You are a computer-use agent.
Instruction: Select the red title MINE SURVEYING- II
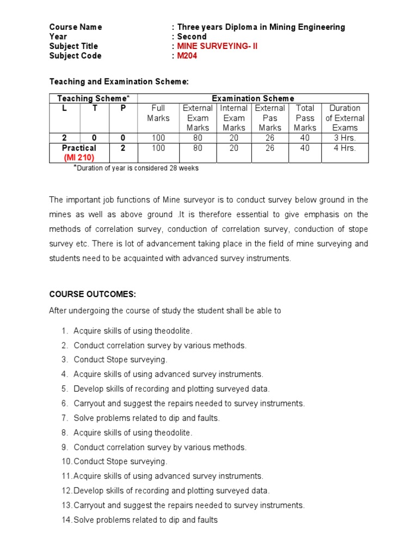click(x=217, y=46)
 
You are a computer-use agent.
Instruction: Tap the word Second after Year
click(x=192, y=36)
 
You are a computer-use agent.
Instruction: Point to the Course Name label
click(x=76, y=27)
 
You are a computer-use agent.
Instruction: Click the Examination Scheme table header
click(x=253, y=98)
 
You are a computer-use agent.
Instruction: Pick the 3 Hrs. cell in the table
click(x=345, y=138)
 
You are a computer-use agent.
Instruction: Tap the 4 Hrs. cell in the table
click(x=345, y=148)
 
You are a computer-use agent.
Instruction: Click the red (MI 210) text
click(x=79, y=158)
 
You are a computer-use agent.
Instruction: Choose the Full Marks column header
click(x=158, y=113)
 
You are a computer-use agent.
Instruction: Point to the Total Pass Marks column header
click(x=305, y=118)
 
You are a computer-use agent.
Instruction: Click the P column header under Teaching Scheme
click(x=123, y=108)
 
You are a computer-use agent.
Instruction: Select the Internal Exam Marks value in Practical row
click(x=234, y=148)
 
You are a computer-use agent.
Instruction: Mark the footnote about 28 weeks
click(x=137, y=168)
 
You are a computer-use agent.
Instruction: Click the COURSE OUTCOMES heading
click(x=93, y=294)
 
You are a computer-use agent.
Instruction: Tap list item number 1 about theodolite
click(x=133, y=331)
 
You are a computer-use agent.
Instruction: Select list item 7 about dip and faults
click(x=146, y=418)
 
